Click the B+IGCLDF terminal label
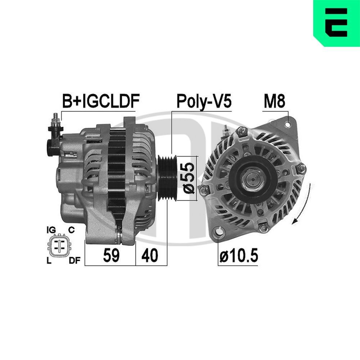[x=100, y=102]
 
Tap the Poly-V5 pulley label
[x=203, y=102]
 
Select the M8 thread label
[x=274, y=102]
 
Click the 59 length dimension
[x=112, y=255]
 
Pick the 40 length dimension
[x=150, y=255]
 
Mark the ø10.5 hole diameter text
[x=239, y=256]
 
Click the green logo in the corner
[x=336, y=23]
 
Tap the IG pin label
[x=51, y=230]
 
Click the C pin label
[x=71, y=230]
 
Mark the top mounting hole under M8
[x=287, y=125]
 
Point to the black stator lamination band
[x=116, y=173]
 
